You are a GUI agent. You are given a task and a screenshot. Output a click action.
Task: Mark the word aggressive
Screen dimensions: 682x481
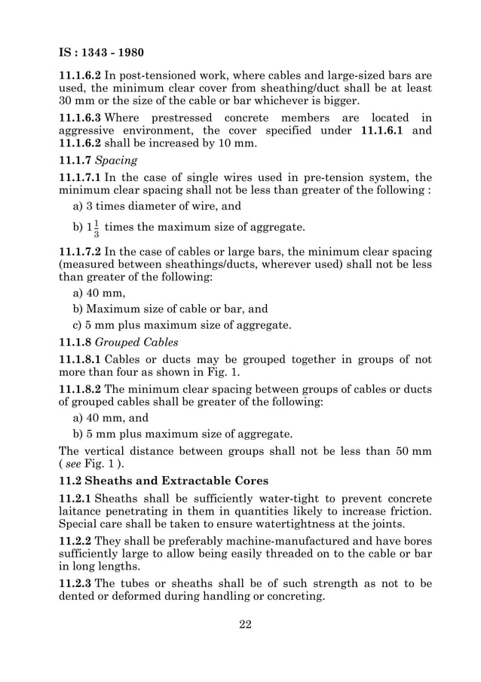pyautogui.click(x=91, y=131)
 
